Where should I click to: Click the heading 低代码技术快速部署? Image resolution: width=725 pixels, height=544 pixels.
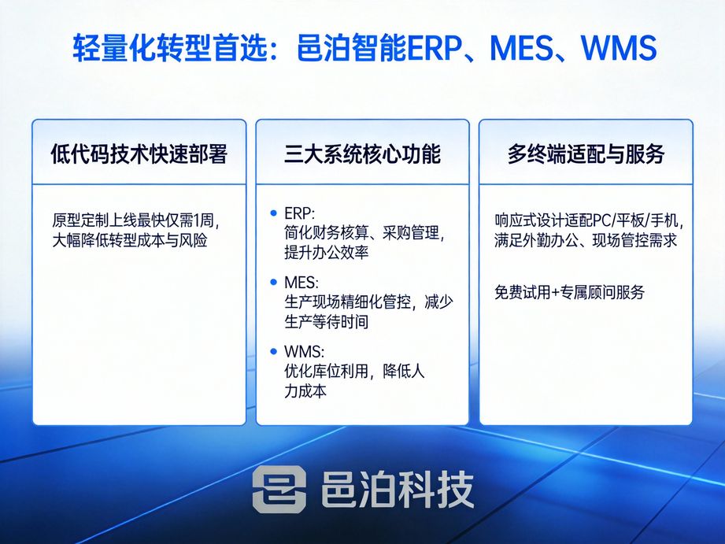[139, 154]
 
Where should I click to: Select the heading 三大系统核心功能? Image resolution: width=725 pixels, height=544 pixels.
[362, 154]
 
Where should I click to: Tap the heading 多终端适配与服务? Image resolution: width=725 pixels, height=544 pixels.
[586, 154]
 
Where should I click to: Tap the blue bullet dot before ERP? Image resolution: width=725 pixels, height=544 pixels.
[273, 213]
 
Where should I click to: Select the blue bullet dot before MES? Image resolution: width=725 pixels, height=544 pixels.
[273, 282]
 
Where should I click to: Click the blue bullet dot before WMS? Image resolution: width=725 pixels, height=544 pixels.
[273, 351]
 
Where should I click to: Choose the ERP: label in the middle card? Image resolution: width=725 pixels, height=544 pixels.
[300, 214]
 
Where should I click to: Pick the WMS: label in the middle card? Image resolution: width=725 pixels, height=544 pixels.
[304, 352]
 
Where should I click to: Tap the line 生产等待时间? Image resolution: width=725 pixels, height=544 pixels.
[326, 322]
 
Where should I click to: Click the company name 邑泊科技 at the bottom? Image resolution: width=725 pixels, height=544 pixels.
[397, 489]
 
